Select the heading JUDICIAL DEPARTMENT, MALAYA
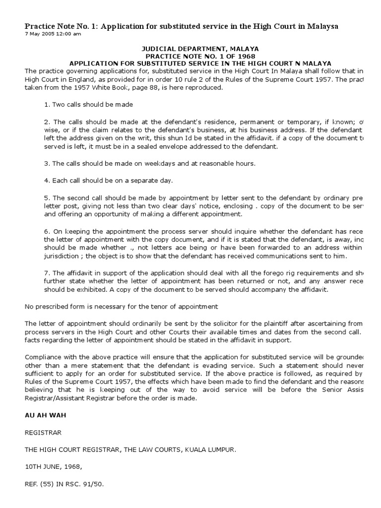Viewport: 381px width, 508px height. tap(200, 49)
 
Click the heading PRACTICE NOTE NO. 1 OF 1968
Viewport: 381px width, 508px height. tap(200, 56)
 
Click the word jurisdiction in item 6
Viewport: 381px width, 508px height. tap(63, 256)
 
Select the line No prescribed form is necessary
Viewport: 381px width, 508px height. tap(122, 307)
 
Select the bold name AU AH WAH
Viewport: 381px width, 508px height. tap(42, 415)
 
